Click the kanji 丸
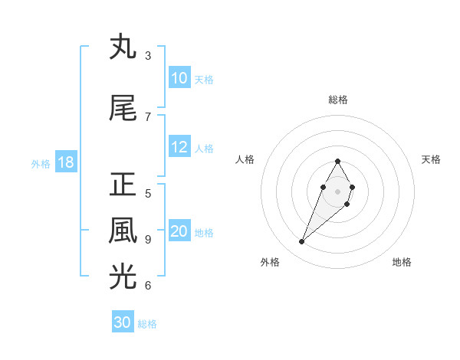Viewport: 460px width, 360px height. (x=123, y=47)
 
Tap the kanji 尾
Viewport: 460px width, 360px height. (x=123, y=109)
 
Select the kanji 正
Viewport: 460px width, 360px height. (x=123, y=185)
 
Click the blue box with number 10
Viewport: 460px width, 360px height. (x=179, y=78)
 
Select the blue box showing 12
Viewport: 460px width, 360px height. (x=179, y=148)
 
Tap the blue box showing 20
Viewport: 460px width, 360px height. (x=179, y=232)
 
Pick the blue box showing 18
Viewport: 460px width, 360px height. (x=66, y=162)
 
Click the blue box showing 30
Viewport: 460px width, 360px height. (x=123, y=322)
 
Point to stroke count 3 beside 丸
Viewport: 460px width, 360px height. (x=148, y=56)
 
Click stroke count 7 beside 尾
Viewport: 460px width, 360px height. (x=148, y=117)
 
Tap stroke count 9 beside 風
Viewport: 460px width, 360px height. (x=148, y=240)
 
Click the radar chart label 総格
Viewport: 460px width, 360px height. (x=337, y=100)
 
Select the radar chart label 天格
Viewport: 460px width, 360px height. (x=431, y=159)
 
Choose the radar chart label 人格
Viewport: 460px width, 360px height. (x=245, y=159)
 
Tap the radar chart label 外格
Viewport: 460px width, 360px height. (x=269, y=263)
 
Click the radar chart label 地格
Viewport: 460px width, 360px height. (x=402, y=263)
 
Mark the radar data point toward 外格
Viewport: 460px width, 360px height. (x=302, y=242)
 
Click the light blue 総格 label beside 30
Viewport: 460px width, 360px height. (x=147, y=324)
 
